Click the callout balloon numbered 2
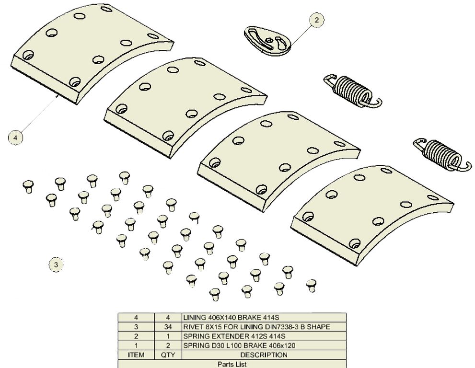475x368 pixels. click(x=316, y=20)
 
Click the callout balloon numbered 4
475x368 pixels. click(x=15, y=138)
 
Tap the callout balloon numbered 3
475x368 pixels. click(x=56, y=264)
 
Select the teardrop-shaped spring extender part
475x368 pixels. click(x=267, y=41)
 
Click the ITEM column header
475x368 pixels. click(x=136, y=355)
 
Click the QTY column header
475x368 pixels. click(x=168, y=355)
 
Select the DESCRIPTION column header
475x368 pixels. click(x=264, y=355)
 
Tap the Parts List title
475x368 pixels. click(x=232, y=364)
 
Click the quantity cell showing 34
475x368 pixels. click(x=168, y=327)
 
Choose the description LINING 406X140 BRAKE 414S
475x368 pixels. click(x=231, y=318)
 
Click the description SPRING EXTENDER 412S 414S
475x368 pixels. click(x=234, y=336)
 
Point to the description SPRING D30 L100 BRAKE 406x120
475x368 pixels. click(x=239, y=345)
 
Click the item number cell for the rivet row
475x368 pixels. click(x=136, y=327)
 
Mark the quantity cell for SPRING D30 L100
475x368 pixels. click(x=168, y=345)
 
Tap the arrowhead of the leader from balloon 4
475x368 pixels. click(x=58, y=95)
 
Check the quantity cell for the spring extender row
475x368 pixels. click(x=168, y=336)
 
